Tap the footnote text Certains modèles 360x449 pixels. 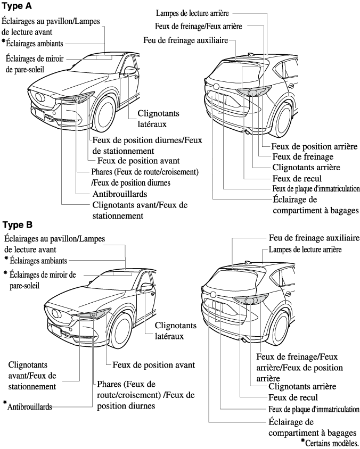click(332, 443)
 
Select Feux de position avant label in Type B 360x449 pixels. click(153, 365)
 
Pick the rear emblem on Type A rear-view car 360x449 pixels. click(216, 87)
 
